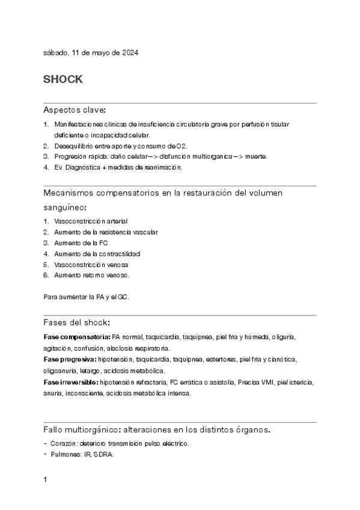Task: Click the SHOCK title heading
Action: pos(63,79)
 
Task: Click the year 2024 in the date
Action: pos(130,53)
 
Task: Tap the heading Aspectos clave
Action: pos(75,110)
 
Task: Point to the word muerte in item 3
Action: pos(255,156)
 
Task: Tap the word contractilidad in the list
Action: pos(120,254)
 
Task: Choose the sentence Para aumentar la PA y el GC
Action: pos(87,297)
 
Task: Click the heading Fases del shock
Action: pos(76,322)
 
